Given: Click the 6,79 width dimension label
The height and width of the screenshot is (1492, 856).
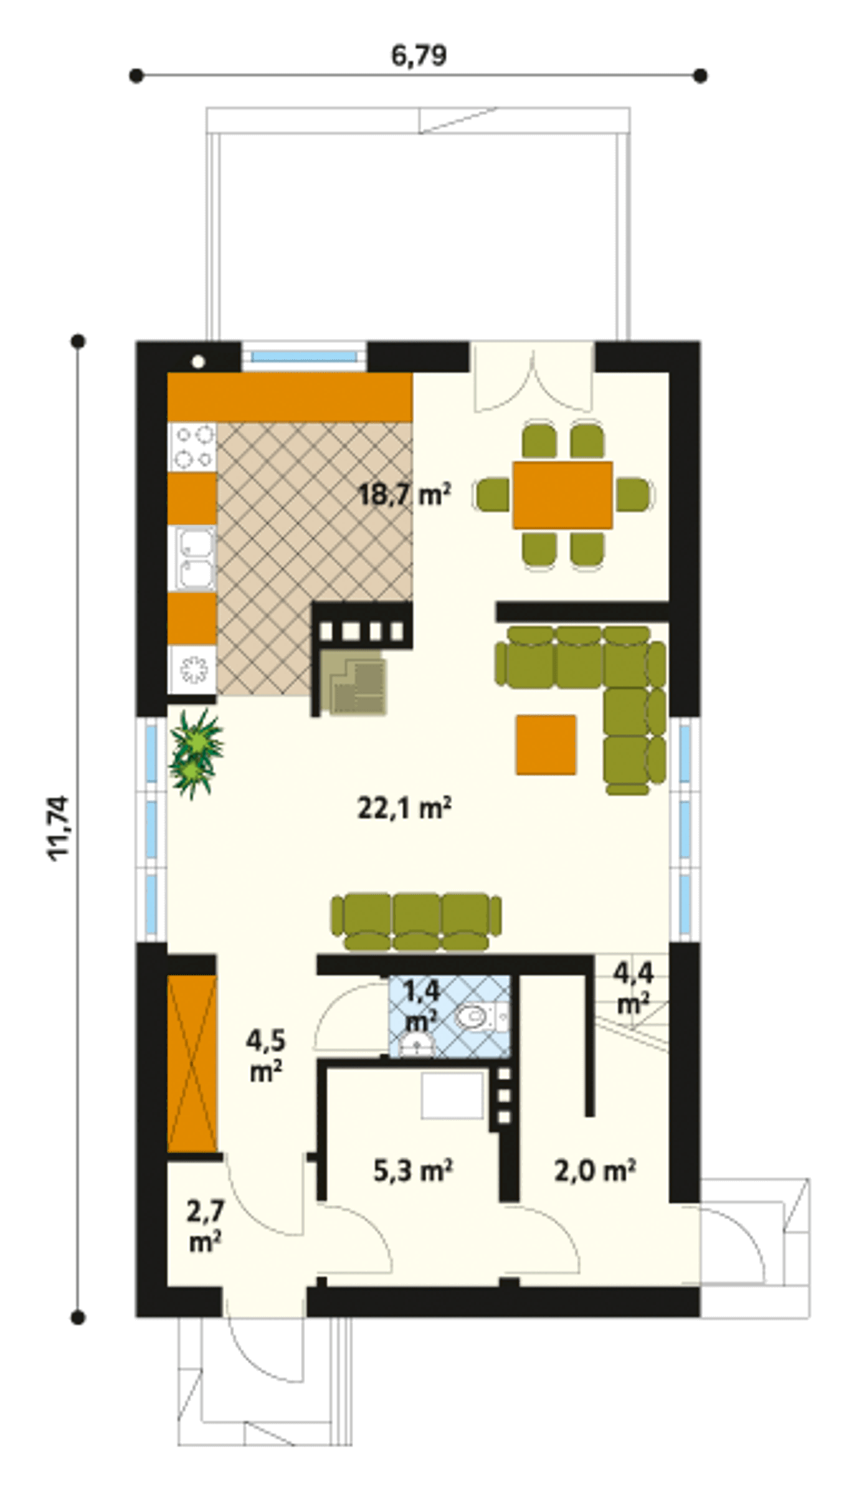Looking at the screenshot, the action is coord(419,56).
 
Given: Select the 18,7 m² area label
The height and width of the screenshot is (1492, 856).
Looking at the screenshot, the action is coord(405,495).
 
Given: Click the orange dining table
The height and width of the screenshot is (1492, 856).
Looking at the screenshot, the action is coord(562,495).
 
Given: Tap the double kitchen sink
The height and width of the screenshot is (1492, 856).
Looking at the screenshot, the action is coord(192,558).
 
